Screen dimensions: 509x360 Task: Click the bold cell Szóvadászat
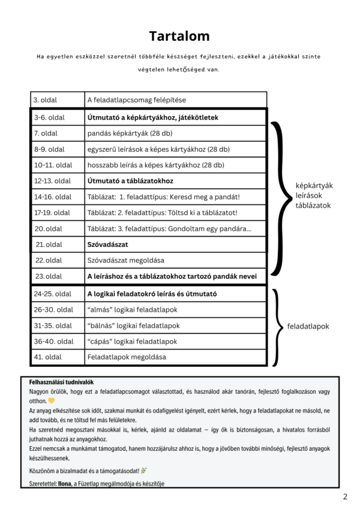coord(107,245)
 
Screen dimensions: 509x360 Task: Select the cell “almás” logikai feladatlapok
coord(133,310)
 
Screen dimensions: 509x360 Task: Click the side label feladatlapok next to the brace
coord(308,327)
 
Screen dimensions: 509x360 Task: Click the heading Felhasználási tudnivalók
coord(61,382)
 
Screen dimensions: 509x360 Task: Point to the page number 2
coord(345,497)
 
